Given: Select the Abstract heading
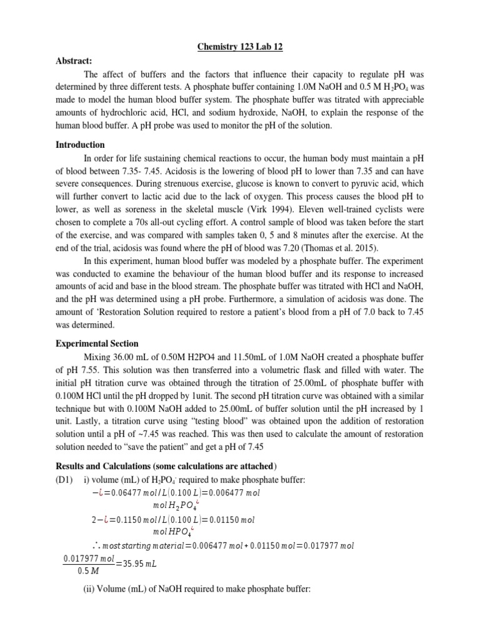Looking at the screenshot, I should click(x=74, y=61).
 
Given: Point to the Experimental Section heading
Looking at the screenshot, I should click(x=97, y=343).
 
